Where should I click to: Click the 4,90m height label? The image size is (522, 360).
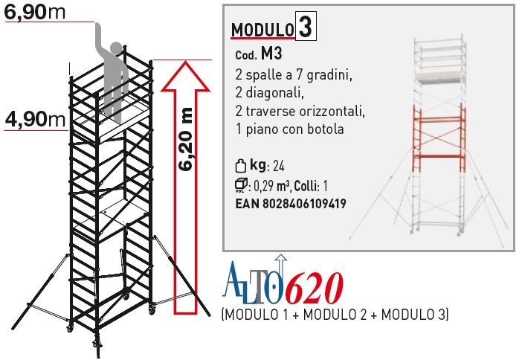pyautogui.click(x=35, y=118)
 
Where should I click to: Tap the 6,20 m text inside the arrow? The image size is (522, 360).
pyautogui.click(x=185, y=139)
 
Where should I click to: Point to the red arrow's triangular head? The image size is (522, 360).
pyautogui.click(x=185, y=76)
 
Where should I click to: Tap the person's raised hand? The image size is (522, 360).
pyautogui.click(x=99, y=28)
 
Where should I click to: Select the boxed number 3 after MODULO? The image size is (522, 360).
pyautogui.click(x=306, y=26)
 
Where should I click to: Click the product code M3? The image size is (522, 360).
pyautogui.click(x=271, y=54)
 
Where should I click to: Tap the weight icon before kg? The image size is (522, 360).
pyautogui.click(x=241, y=166)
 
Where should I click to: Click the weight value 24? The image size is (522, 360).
pyautogui.click(x=279, y=166)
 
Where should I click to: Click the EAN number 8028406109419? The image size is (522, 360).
pyautogui.click(x=304, y=204)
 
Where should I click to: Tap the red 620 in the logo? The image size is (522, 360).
pyautogui.click(x=315, y=288)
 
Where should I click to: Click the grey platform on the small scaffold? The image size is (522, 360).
pyautogui.click(x=439, y=77)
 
